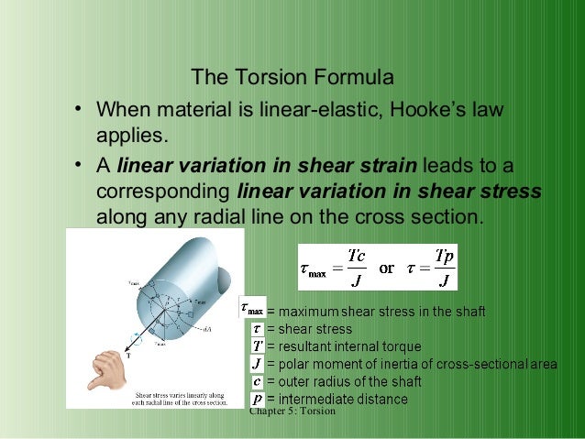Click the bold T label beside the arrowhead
(x=127, y=355)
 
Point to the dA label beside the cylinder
(x=207, y=329)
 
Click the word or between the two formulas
(x=387, y=269)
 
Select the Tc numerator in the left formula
(x=359, y=257)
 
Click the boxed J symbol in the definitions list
(x=258, y=364)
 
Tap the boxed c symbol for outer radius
(x=258, y=381)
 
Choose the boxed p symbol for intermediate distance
(x=258, y=399)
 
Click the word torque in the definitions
(x=397, y=346)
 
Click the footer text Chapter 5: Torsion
(x=292, y=412)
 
